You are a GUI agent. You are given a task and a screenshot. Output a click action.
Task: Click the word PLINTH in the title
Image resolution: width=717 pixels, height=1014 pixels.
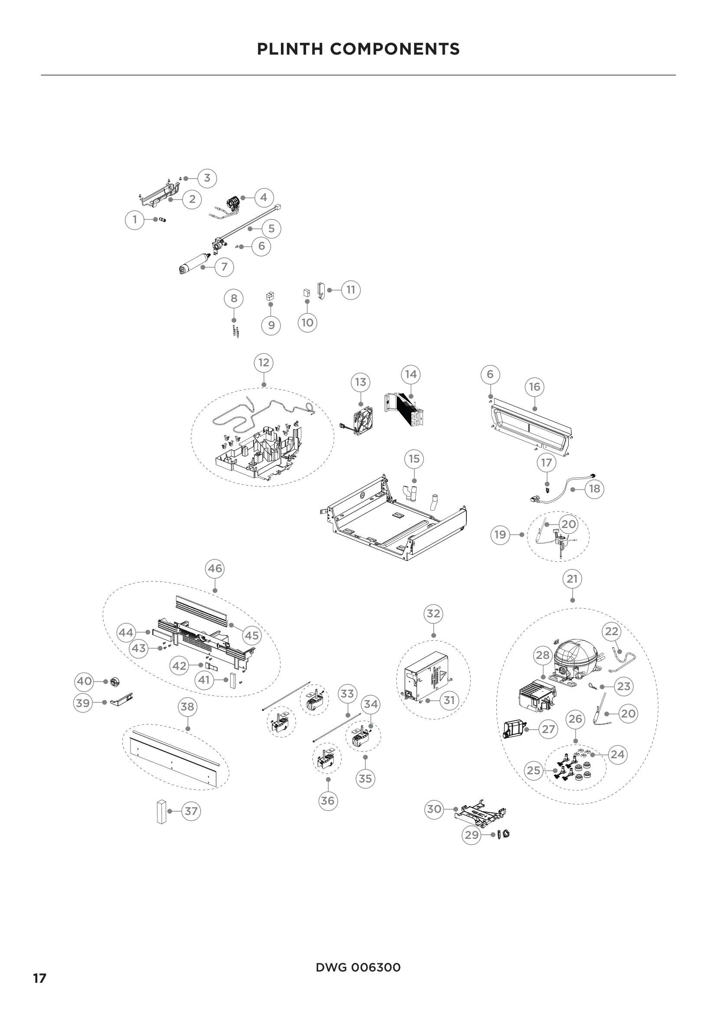[290, 49]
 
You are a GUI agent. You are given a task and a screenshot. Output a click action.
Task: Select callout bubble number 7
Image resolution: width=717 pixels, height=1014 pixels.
[224, 267]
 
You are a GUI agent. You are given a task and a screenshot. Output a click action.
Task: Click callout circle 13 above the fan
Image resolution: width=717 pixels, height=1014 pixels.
[361, 382]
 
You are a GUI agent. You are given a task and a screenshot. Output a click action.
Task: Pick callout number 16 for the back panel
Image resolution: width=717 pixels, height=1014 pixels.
[534, 387]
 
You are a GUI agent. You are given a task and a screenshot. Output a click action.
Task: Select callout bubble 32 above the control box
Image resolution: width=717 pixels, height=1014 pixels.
[433, 613]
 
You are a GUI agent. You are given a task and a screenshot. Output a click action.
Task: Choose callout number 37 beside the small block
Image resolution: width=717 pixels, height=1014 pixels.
[191, 811]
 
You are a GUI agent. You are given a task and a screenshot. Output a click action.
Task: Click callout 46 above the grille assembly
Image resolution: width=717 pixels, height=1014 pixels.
[215, 568]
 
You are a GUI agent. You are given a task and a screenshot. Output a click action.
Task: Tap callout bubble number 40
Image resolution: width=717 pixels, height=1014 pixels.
[84, 681]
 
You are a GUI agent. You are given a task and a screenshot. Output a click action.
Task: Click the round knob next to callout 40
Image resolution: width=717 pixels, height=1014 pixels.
[114, 682]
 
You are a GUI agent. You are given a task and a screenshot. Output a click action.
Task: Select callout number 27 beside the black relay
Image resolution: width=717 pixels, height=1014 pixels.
[548, 729]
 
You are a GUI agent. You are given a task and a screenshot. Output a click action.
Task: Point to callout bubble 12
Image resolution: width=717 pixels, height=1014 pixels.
[264, 363]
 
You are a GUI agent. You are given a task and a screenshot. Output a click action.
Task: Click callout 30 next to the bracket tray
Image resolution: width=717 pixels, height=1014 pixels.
[434, 809]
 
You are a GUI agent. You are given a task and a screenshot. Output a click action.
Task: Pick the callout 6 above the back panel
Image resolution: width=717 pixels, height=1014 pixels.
[490, 375]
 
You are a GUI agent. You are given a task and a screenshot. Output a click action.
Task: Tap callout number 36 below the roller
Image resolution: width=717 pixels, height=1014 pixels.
[328, 801]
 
